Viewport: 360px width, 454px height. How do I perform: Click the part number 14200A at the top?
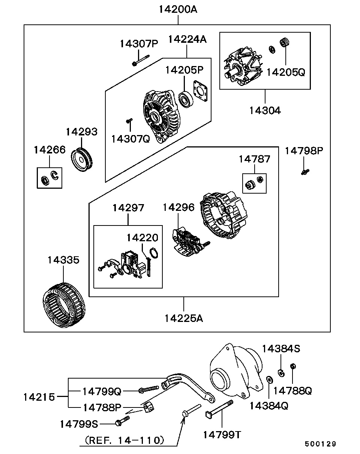click(178, 10)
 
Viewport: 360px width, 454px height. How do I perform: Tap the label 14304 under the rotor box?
click(265, 111)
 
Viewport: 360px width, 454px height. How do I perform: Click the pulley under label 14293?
click(81, 160)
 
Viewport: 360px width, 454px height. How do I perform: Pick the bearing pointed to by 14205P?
click(186, 99)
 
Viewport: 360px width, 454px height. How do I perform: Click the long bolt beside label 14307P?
click(141, 60)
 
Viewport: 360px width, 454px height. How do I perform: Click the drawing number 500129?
click(320, 444)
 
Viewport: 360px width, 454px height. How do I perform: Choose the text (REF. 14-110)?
click(124, 440)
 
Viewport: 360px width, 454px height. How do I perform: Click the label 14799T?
click(222, 434)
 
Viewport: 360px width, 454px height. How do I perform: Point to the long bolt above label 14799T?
click(219, 409)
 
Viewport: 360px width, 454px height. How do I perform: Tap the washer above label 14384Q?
click(270, 380)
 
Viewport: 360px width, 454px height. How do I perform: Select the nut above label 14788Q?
click(293, 366)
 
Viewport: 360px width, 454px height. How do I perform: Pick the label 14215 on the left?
click(39, 397)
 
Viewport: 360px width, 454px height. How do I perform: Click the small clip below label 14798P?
click(305, 172)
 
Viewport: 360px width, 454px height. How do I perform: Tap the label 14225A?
click(183, 318)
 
